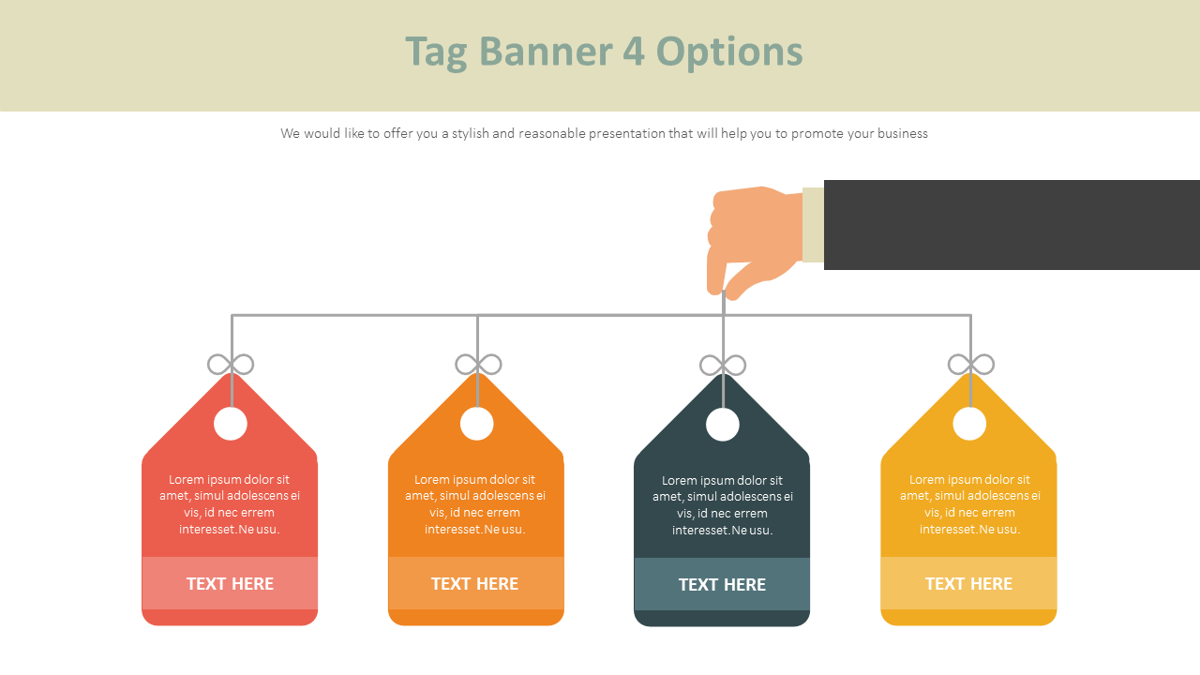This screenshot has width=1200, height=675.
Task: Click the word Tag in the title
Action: click(x=438, y=52)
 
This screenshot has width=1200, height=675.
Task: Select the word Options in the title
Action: click(x=729, y=52)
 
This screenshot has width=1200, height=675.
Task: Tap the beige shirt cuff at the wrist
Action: click(x=813, y=225)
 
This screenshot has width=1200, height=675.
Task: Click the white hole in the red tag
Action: click(x=231, y=424)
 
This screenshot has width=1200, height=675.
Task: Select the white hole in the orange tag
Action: click(x=477, y=424)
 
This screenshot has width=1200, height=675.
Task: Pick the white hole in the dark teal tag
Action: click(x=723, y=425)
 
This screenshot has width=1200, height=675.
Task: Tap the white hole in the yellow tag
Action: click(x=969, y=424)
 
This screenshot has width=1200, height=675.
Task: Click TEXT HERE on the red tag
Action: click(x=230, y=583)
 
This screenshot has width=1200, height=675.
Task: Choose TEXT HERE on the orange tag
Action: click(x=474, y=583)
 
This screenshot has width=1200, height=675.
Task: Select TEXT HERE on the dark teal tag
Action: click(x=722, y=584)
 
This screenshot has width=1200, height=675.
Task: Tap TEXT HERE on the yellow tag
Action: click(x=968, y=583)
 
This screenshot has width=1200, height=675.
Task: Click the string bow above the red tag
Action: click(x=231, y=365)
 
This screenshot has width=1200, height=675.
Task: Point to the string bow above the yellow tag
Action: click(x=970, y=365)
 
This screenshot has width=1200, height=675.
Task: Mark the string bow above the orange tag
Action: click(x=478, y=365)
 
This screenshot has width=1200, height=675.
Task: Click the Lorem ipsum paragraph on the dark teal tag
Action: click(x=722, y=505)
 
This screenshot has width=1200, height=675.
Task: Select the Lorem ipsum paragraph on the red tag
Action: click(x=230, y=504)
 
